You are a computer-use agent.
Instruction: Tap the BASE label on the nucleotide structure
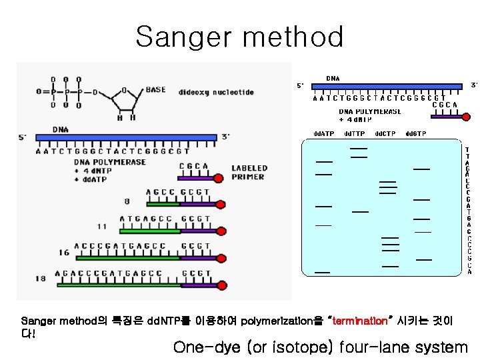[155, 89]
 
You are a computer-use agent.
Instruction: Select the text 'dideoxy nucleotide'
[216, 92]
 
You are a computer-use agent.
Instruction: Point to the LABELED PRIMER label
[249, 172]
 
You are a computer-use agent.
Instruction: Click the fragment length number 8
[127, 201]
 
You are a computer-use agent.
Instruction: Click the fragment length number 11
[102, 227]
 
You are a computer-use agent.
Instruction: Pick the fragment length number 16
[64, 253]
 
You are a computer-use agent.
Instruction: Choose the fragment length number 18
[41, 279]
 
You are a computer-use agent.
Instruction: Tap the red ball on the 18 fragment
[221, 284]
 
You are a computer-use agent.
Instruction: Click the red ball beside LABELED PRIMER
[220, 178]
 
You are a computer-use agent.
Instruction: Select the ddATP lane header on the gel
[324, 134]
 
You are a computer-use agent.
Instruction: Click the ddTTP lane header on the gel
[354, 134]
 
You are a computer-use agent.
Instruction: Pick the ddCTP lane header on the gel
[385, 134]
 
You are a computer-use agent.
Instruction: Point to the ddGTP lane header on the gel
[415, 134]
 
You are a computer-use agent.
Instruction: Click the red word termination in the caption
[359, 321]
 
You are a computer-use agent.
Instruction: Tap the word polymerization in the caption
[274, 321]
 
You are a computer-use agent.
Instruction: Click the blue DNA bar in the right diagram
[387, 85]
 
